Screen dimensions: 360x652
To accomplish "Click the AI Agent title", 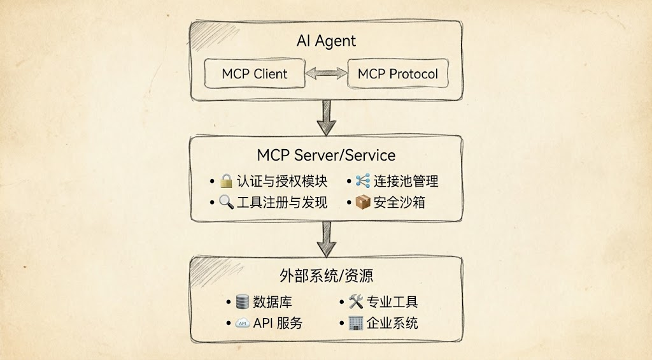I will pyautogui.click(x=326, y=41).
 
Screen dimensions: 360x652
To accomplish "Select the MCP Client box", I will pyautogui.click(x=255, y=74).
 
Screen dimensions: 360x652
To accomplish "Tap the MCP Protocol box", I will pyautogui.click(x=397, y=74).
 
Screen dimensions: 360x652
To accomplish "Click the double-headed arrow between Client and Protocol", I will pyautogui.click(x=326, y=74).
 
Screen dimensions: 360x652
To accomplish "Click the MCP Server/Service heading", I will pyautogui.click(x=326, y=155).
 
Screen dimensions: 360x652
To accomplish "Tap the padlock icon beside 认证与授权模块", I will pyautogui.click(x=226, y=182).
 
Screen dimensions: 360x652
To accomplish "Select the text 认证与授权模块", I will pyautogui.click(x=281, y=182).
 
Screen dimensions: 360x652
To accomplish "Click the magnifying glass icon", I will pyautogui.click(x=226, y=203).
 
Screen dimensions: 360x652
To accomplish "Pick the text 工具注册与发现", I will pyautogui.click(x=281, y=203).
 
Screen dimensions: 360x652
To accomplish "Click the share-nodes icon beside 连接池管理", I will pyautogui.click(x=363, y=181).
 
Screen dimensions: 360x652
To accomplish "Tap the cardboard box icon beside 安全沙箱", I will pyautogui.click(x=363, y=203).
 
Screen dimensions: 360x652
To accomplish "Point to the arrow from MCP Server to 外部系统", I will pyautogui.click(x=326, y=238).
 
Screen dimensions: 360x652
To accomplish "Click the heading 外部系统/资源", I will pyautogui.click(x=326, y=276).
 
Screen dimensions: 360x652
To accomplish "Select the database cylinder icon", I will pyautogui.click(x=243, y=301).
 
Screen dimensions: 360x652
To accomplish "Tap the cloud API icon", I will pyautogui.click(x=243, y=323).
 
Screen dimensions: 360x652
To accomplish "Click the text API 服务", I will pyautogui.click(x=278, y=323).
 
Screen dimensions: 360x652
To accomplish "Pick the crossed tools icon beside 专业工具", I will pyautogui.click(x=356, y=301).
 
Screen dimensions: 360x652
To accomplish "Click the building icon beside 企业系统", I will pyautogui.click(x=356, y=323).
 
